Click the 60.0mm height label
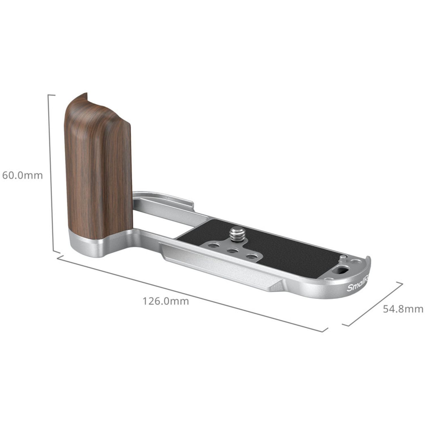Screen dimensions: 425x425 pos(22,175)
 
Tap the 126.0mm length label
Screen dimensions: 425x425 pos(165,301)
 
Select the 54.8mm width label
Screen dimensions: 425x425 pos(403,309)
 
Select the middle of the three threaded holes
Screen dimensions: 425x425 pos(233,250)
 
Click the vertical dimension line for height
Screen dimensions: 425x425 pos(51,173)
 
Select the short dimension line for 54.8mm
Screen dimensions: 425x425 pos(373,304)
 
